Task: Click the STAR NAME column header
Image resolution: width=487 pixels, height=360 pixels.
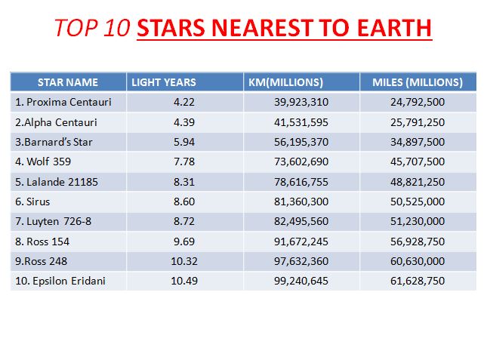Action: coord(68,82)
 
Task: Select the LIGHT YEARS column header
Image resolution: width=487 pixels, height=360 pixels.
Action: coord(164,82)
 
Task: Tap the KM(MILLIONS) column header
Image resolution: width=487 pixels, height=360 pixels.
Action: coord(285,82)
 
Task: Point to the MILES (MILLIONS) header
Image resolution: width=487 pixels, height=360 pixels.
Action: coord(418,82)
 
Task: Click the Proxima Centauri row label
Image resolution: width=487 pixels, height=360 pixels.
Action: coord(63,102)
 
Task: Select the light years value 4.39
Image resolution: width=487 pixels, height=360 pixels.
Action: coord(184,122)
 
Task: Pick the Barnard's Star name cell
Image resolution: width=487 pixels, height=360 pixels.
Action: coord(54,142)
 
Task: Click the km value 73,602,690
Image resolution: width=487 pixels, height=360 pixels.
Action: coord(301,162)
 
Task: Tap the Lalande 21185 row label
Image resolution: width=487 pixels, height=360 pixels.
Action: coord(57,182)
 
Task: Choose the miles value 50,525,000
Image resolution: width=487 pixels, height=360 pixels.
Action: coord(418,202)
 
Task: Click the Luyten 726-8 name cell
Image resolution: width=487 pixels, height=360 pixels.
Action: coord(53,222)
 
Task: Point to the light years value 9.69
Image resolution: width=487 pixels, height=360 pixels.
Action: coord(184,242)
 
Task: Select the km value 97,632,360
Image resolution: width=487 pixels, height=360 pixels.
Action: coord(301,261)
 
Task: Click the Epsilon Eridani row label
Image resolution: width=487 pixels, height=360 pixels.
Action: coord(60,282)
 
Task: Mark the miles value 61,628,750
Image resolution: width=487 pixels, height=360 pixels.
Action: coord(418,282)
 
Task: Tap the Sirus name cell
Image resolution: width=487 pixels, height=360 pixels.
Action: coord(32,202)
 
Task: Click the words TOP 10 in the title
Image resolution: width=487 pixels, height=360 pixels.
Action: coord(92,28)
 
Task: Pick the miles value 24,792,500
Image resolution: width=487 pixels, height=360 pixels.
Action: coord(418,102)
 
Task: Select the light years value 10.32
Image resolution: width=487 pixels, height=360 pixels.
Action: coord(184,261)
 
